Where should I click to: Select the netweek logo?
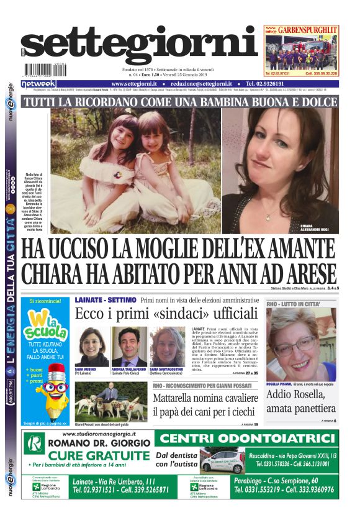[x=38, y=83]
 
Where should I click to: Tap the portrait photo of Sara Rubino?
[x=91, y=347]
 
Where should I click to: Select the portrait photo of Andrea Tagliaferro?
[x=129, y=347]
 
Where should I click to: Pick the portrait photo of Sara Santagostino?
[x=167, y=347]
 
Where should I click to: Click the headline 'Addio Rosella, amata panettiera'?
[x=301, y=401]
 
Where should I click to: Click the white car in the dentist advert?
[x=222, y=462]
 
